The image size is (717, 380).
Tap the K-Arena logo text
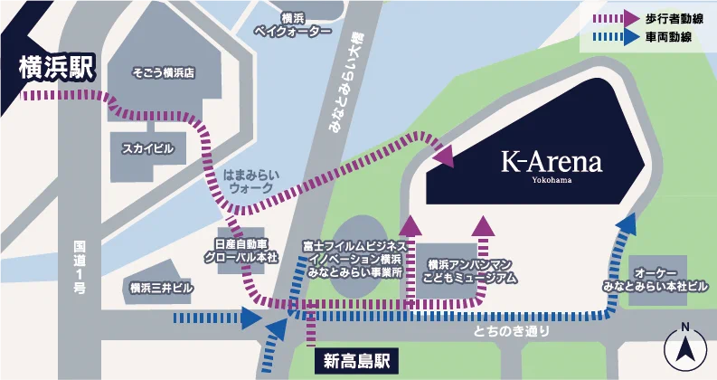point(552,163)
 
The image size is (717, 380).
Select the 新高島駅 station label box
point(357,361)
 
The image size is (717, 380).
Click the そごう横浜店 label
point(164,71)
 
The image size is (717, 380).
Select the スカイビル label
point(146,147)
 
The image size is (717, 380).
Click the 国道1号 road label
point(80,266)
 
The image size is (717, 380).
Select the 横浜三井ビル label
point(161,289)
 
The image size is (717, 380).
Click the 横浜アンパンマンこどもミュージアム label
point(473,271)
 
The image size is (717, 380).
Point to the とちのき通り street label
point(511,332)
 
